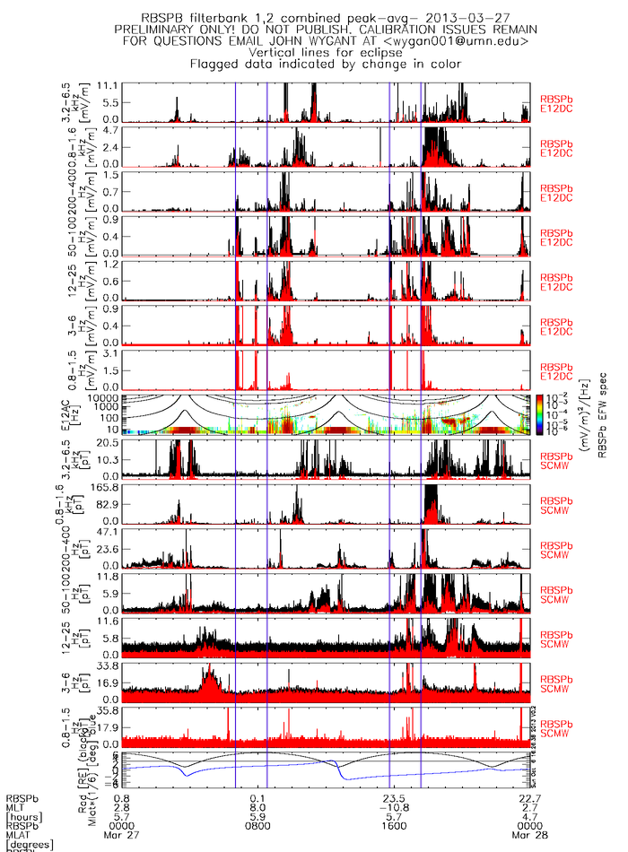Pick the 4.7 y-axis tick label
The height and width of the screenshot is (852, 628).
point(110,129)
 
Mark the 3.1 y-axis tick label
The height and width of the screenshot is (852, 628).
point(110,353)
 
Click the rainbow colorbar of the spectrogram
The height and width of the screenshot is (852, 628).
point(539,413)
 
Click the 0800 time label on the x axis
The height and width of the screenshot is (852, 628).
point(258,822)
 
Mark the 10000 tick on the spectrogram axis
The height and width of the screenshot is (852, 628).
point(105,397)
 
